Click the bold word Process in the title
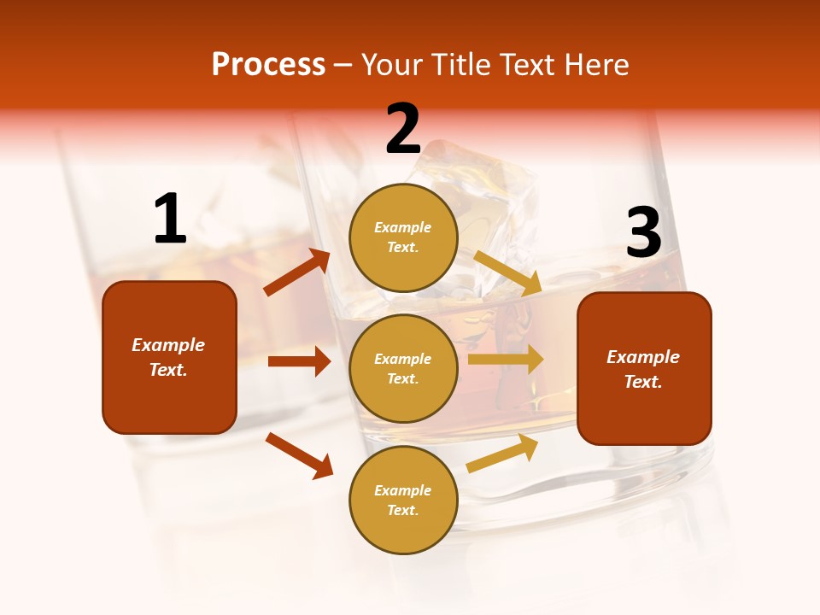point(268,64)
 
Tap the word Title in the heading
point(460,64)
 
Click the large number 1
point(170,219)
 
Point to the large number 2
point(403,129)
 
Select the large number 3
point(643,232)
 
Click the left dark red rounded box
point(169,357)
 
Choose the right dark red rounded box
point(644,369)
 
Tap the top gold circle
point(403,237)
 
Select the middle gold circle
point(403,368)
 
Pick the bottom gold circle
point(403,500)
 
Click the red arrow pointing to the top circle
point(297,272)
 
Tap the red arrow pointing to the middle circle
point(299,361)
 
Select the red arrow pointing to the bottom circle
point(299,455)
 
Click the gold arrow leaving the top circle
point(507,272)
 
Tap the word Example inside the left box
point(168,345)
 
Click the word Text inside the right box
point(643,382)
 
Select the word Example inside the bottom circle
point(403,490)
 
